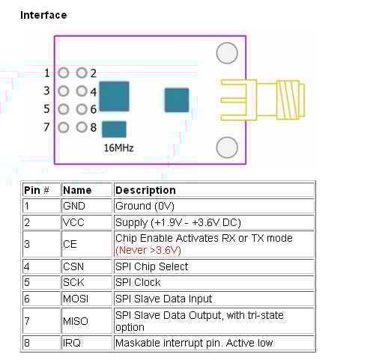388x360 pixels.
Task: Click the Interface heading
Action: pos(43,15)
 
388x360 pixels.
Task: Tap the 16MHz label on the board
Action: pos(118,147)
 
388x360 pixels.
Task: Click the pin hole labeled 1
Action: pos(63,73)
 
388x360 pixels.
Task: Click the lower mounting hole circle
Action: pos(227,147)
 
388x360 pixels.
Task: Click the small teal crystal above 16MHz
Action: pos(113,129)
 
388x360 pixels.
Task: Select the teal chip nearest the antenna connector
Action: pos(177,100)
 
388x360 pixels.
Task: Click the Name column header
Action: pos(77,190)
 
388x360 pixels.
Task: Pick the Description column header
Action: pos(145,190)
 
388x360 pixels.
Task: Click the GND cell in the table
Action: pos(74,206)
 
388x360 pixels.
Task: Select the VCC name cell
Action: pos(73,222)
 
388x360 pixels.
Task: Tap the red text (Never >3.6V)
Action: pos(146,250)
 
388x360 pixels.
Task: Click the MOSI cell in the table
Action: pos(76,299)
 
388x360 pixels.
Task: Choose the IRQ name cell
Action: pos(72,343)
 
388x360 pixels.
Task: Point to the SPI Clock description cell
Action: pos(138,283)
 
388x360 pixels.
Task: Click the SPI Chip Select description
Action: pos(151,266)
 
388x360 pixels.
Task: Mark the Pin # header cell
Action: pos(37,190)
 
